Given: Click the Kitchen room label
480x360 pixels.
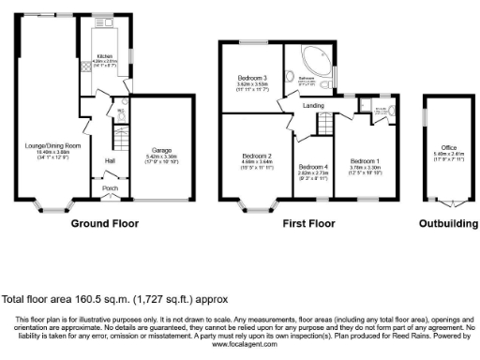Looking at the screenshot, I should (105, 57).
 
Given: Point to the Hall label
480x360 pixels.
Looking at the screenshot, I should (109, 161).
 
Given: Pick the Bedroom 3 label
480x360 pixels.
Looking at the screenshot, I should (252, 78).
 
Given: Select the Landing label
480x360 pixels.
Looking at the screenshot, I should (313, 106).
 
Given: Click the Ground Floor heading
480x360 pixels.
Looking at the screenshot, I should (105, 224).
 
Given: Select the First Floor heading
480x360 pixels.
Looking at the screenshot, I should (308, 224).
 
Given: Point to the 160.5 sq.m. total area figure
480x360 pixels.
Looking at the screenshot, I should (100, 300).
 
